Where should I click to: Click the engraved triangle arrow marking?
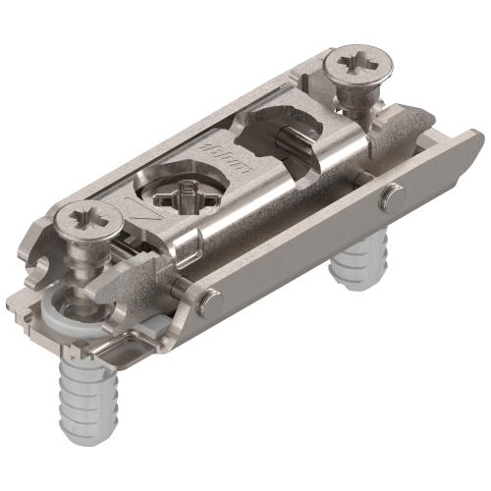(x=141, y=210)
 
